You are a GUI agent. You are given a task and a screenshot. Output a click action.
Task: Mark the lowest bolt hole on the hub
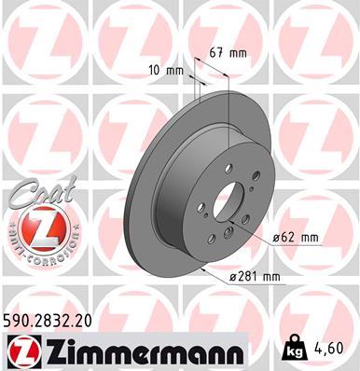228,240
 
